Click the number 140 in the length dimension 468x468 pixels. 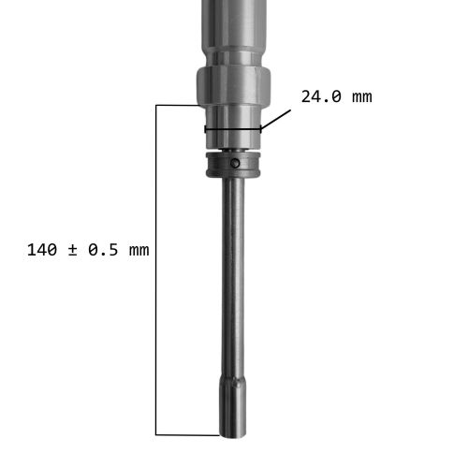(x=42, y=250)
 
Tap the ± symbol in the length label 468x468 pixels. (x=72, y=251)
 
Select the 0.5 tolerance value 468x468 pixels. (x=103, y=250)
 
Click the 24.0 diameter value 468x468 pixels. (x=321, y=96)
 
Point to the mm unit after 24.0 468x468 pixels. (x=362, y=97)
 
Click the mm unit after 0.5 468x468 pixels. (x=139, y=251)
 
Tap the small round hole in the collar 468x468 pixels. (x=235, y=163)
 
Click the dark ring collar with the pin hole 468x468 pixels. (x=233, y=165)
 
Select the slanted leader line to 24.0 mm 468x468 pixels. (x=276, y=119)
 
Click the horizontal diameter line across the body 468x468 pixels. (x=233, y=129)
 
